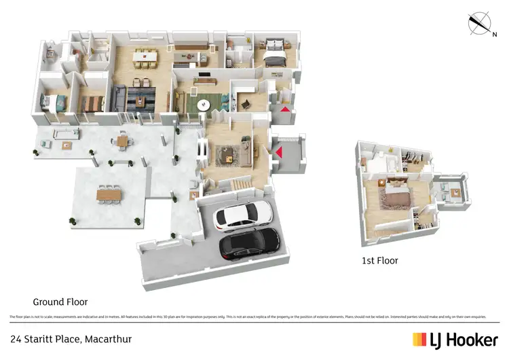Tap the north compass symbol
[x=480, y=24]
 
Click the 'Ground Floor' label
[x=60, y=302]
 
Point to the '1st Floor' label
[x=379, y=260]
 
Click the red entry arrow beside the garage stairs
[x=278, y=152]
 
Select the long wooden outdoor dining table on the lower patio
[x=109, y=195]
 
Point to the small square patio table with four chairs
[x=122, y=141]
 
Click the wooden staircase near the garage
[x=241, y=183]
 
